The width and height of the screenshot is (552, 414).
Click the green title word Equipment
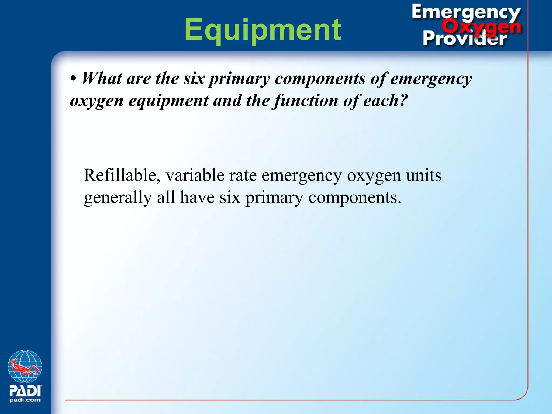click(263, 30)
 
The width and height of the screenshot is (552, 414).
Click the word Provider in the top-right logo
click(464, 39)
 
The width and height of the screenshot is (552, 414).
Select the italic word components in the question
click(320, 79)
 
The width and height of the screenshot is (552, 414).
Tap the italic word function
click(306, 101)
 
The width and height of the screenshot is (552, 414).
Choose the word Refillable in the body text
click(120, 175)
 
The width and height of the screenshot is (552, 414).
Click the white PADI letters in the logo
click(25, 390)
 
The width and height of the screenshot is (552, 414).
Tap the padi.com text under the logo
click(25, 400)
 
